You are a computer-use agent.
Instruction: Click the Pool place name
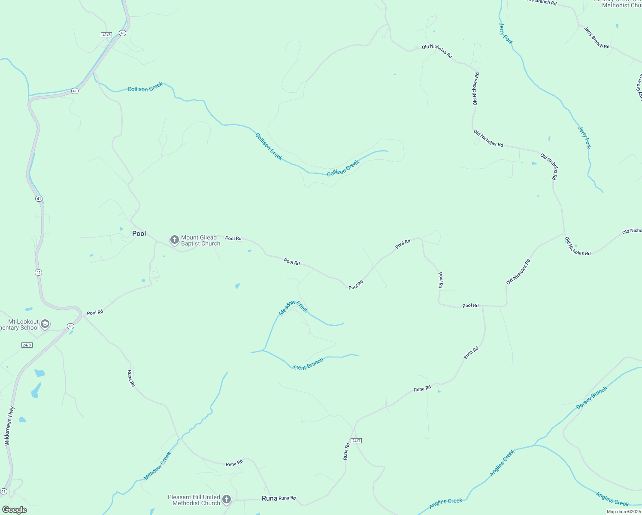click(x=139, y=233)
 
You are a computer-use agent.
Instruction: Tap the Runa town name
click(x=270, y=498)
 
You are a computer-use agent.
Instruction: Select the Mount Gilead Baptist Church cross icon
click(x=174, y=240)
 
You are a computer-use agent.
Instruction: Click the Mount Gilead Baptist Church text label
click(x=200, y=240)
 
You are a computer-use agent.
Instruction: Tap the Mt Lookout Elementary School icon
click(x=45, y=324)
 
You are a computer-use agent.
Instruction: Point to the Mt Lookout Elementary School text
click(x=20, y=324)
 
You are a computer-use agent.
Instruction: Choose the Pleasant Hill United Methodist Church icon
click(x=227, y=500)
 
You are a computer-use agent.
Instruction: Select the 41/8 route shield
click(x=106, y=34)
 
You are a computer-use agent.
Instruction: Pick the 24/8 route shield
click(x=27, y=345)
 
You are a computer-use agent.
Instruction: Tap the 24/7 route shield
click(x=356, y=441)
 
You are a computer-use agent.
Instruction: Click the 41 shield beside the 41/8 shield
click(x=123, y=33)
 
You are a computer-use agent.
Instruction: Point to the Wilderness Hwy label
click(x=9, y=426)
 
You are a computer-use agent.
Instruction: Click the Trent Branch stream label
click(x=308, y=364)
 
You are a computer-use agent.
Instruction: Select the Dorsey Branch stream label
click(x=592, y=398)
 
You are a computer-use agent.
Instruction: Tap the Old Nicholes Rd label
click(x=518, y=272)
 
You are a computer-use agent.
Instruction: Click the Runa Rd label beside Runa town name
click(x=287, y=498)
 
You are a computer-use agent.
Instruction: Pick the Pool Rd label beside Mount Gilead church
click(x=233, y=238)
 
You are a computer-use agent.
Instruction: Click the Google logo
click(x=14, y=510)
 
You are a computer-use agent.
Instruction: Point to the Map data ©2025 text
click(x=624, y=512)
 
